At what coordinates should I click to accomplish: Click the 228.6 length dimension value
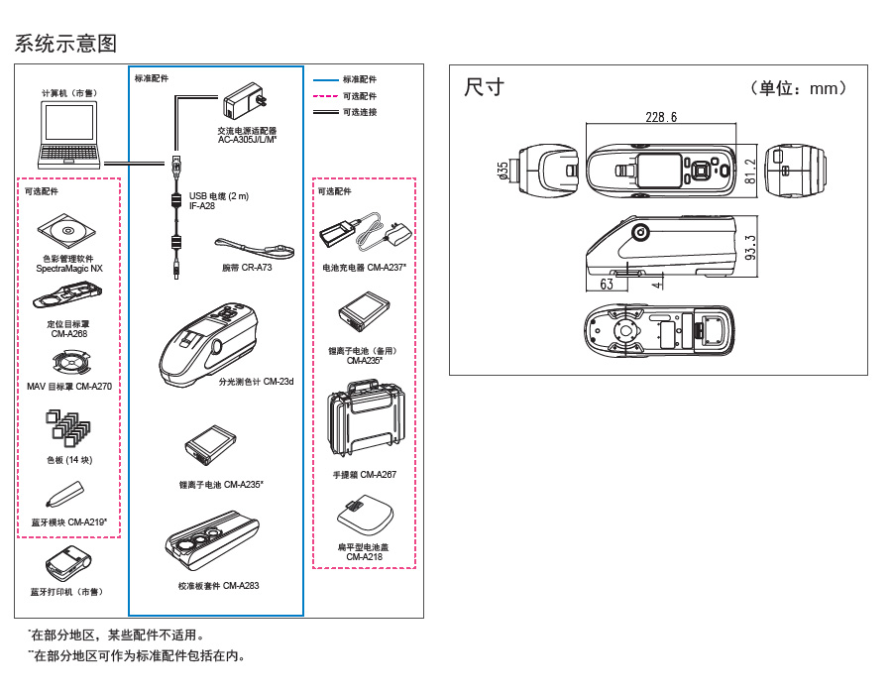click(x=660, y=117)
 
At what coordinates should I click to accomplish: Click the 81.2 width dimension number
click(x=750, y=171)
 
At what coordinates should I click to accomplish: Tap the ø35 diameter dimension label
click(x=503, y=171)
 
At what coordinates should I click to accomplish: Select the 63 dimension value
click(x=607, y=285)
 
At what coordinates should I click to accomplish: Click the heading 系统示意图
click(x=66, y=44)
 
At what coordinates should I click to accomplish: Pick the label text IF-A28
click(x=201, y=206)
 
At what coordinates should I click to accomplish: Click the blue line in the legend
click(x=326, y=79)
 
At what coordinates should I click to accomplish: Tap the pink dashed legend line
click(x=326, y=96)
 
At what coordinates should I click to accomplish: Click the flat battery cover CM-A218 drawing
click(x=364, y=517)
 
